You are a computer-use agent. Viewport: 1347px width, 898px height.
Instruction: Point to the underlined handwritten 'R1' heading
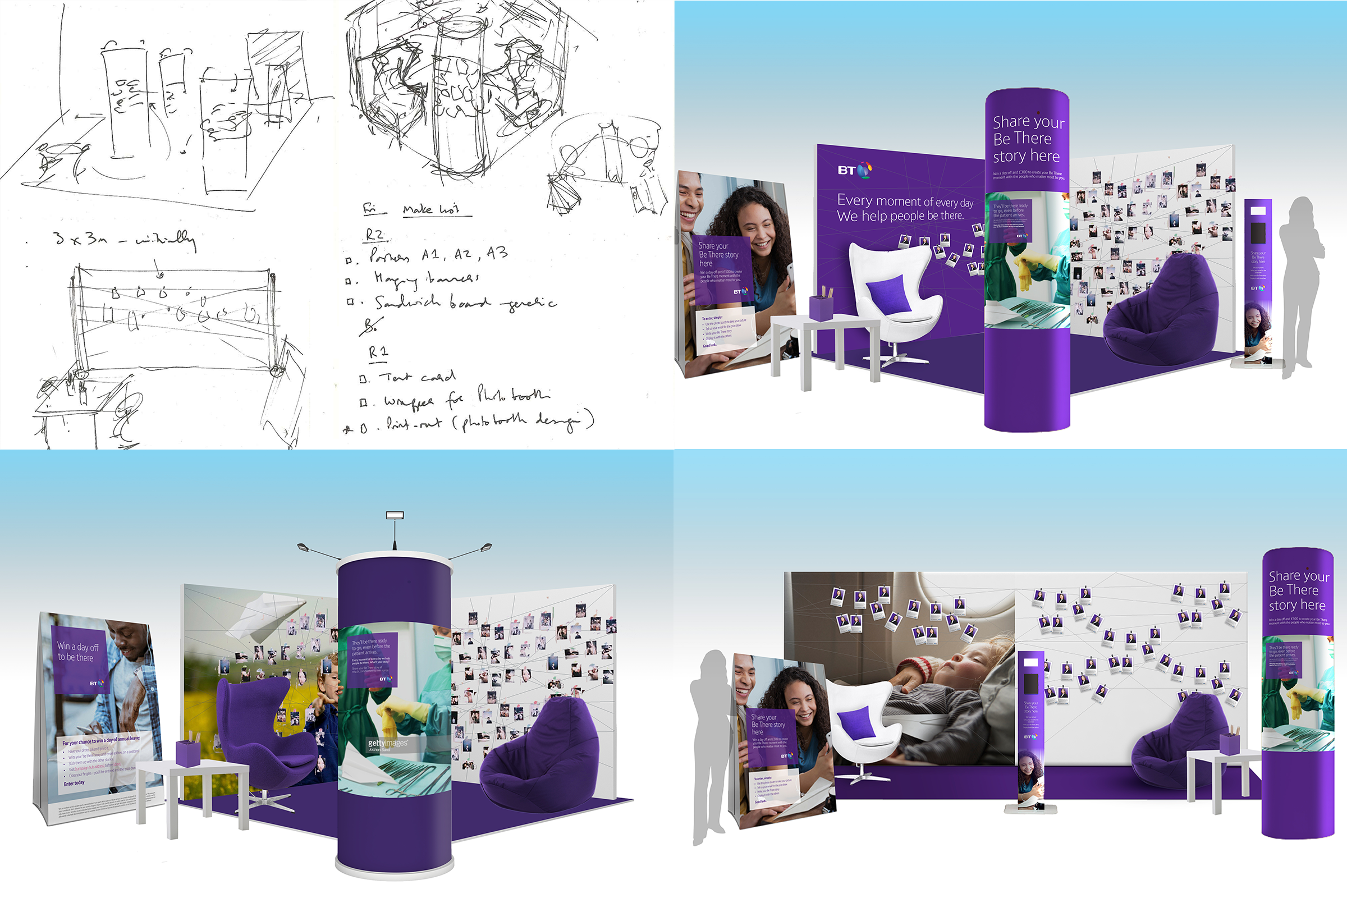pos(378,352)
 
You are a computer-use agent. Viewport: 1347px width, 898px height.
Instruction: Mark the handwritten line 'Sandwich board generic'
pos(464,303)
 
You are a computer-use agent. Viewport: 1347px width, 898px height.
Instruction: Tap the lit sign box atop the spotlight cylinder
pos(395,515)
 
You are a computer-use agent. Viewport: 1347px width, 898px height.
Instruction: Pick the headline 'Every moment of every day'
pos(905,201)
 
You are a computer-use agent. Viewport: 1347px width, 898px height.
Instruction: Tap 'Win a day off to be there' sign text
pos(78,652)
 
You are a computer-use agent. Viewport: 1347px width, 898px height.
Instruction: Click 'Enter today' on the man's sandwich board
pos(75,783)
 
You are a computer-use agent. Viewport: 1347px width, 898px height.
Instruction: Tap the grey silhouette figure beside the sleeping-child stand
pos(710,745)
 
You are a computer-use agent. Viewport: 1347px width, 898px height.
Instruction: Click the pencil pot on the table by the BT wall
pos(821,306)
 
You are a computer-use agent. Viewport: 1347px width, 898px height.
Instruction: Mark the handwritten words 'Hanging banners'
pos(427,278)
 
